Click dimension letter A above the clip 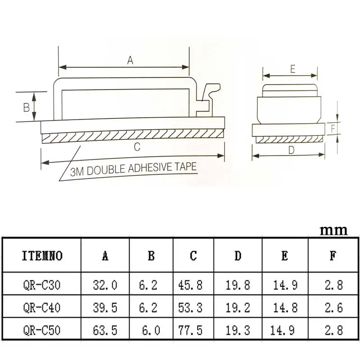130,60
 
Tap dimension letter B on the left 27,108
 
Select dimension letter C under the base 137,147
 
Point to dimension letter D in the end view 291,150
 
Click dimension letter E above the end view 293,69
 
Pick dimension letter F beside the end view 333,129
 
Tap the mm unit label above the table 333,230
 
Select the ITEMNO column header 42,256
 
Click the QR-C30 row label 41,285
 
